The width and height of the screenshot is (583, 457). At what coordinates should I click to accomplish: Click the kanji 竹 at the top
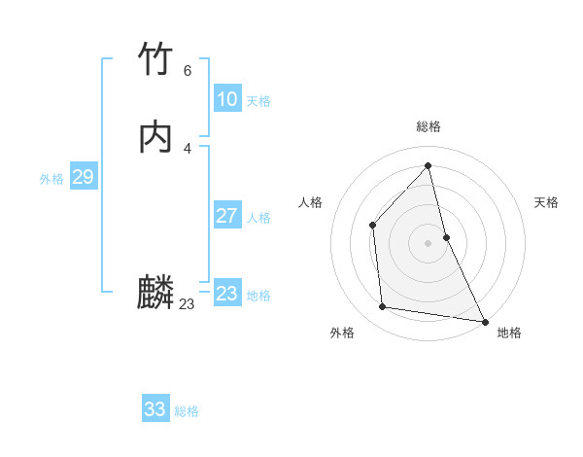click(x=155, y=60)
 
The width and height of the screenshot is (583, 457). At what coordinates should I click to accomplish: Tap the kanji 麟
click(x=155, y=293)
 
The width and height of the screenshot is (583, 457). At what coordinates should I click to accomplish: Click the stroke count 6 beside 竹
click(x=188, y=71)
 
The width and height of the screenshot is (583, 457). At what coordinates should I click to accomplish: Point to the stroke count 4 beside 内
click(x=188, y=148)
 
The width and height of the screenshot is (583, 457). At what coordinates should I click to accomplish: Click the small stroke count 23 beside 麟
click(x=188, y=304)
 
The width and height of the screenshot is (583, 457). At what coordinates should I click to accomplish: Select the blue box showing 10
click(x=226, y=99)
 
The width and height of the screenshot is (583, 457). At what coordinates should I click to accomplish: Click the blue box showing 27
click(x=226, y=216)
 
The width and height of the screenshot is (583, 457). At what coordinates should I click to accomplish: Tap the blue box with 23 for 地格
click(x=226, y=294)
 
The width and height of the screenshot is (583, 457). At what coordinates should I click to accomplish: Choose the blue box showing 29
click(x=83, y=177)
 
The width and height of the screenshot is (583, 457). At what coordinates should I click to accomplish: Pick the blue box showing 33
click(x=154, y=409)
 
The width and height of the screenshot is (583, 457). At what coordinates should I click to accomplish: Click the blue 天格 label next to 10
click(x=258, y=101)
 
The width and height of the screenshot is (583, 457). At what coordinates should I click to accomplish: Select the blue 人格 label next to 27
click(x=258, y=218)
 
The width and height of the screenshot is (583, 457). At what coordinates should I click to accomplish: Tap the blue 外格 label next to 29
click(x=51, y=179)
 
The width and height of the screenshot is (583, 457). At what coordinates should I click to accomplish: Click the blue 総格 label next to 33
click(x=187, y=411)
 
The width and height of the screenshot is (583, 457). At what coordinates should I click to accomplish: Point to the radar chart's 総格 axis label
click(x=429, y=126)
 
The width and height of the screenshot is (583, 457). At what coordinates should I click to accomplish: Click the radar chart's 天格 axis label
click(x=546, y=202)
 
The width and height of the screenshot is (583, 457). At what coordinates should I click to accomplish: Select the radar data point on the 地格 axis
click(x=485, y=320)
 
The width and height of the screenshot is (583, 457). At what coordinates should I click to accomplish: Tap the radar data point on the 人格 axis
click(x=373, y=226)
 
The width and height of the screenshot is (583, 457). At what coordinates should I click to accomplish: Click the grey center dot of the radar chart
click(x=429, y=243)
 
